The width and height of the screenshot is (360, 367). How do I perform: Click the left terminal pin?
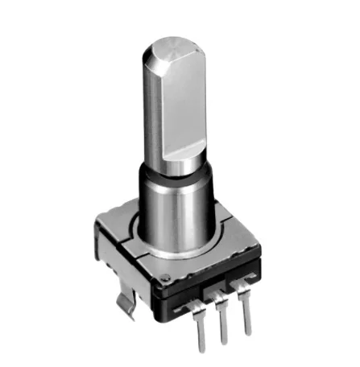coord(200,322)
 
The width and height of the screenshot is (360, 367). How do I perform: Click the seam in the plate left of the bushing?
coord(121,236)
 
